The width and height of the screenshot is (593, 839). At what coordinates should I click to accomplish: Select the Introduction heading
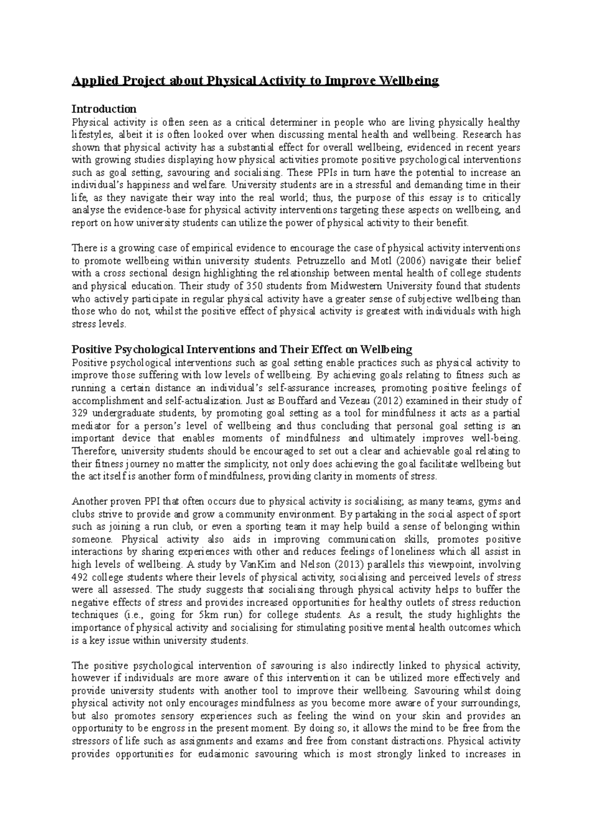104,109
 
